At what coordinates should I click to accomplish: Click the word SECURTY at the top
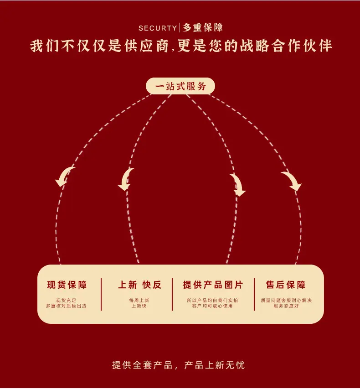click(x=158, y=28)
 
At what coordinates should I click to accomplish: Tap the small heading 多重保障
click(x=203, y=28)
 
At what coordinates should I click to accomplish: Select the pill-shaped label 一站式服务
click(x=180, y=86)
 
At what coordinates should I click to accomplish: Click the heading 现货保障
click(x=67, y=285)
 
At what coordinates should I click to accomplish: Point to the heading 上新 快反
click(x=139, y=285)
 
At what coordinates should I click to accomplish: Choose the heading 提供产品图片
click(x=213, y=285)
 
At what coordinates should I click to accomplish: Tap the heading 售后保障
click(x=285, y=285)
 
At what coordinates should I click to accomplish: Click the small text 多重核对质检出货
click(x=66, y=306)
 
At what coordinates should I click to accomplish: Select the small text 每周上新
click(x=139, y=300)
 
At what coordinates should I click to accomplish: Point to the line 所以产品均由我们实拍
click(x=212, y=300)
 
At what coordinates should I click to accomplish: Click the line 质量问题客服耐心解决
click(x=286, y=300)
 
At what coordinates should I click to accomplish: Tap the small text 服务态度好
click(x=286, y=306)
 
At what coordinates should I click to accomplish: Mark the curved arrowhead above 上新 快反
click(x=125, y=180)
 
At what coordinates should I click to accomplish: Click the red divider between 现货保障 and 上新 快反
click(x=101, y=294)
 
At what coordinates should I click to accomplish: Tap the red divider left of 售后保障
click(x=254, y=294)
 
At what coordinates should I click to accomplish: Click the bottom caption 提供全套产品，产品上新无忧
click(x=178, y=365)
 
